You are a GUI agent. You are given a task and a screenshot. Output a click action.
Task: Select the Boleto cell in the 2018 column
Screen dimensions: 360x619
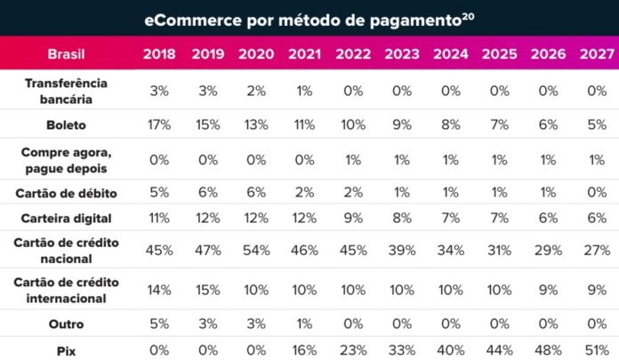click(158, 125)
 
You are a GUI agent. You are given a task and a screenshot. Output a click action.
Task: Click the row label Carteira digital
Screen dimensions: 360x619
click(67, 215)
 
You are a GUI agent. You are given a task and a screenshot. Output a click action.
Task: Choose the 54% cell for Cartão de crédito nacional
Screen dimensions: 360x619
click(255, 250)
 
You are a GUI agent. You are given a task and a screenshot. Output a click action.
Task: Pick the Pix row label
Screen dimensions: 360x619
click(67, 350)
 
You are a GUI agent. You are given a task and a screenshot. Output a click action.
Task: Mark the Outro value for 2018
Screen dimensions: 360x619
click(158, 324)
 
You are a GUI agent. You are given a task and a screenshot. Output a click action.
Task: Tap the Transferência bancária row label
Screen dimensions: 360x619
click(67, 90)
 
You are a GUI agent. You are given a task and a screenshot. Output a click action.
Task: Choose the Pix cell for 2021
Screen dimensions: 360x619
click(303, 350)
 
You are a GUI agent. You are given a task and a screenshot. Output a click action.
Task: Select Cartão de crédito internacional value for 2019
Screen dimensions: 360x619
click(207, 290)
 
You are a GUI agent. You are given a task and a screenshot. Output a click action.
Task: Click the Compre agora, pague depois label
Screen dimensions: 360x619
click(67, 159)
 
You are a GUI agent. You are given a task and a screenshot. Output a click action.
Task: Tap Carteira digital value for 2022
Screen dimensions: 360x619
click(352, 215)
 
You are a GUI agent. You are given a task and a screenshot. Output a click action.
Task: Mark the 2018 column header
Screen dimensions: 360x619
click(158, 54)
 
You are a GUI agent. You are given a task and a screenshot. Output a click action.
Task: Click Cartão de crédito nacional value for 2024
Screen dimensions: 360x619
click(449, 250)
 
